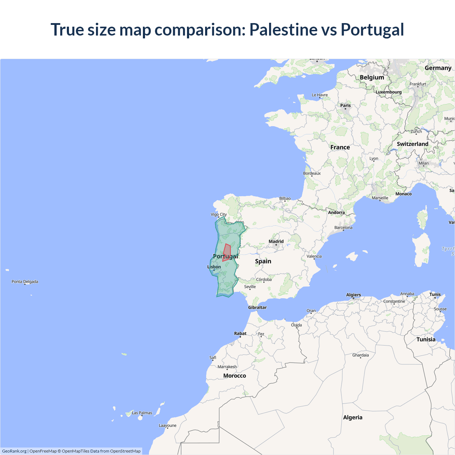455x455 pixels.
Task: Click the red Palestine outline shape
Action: (226, 252)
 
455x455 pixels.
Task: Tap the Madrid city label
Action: (276, 242)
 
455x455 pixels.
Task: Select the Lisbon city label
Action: (214, 267)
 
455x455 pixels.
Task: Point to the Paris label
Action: (346, 106)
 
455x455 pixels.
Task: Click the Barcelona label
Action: (343, 227)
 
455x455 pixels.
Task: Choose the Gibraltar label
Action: (257, 307)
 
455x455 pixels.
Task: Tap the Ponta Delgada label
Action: (25, 282)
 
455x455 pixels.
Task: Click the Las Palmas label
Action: (142, 413)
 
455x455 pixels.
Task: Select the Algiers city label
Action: (353, 295)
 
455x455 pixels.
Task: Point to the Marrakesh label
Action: (227, 367)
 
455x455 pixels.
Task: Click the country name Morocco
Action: (235, 376)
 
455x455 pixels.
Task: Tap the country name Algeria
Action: (353, 417)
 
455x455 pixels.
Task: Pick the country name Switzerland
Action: (412, 144)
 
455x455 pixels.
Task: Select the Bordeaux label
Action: (312, 173)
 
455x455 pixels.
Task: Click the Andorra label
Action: (336, 213)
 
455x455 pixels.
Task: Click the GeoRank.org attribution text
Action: (14, 451)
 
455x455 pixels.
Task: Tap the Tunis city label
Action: (435, 294)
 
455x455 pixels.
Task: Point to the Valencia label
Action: (314, 256)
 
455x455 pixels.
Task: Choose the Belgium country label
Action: (372, 77)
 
